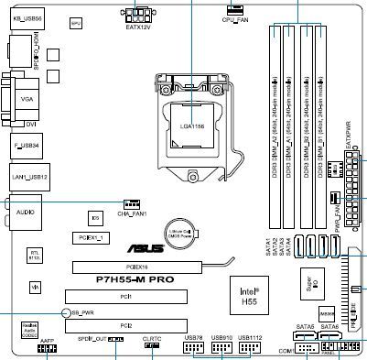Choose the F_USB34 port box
click(28, 145)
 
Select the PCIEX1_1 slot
click(92, 237)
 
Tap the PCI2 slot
click(126, 325)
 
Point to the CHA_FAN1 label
click(132, 213)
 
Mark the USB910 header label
click(222, 338)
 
